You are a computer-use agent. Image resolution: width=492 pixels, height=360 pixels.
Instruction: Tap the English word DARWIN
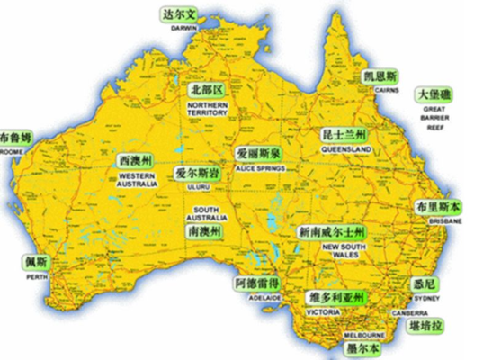[183, 28]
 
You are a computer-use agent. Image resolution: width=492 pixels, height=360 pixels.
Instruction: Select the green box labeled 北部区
[206, 90]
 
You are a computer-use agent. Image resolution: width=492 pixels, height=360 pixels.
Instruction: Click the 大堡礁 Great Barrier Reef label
[435, 94]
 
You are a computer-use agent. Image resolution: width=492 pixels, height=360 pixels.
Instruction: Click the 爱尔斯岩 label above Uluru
[197, 172]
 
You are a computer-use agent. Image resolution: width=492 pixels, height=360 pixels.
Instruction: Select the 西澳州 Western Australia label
[137, 159]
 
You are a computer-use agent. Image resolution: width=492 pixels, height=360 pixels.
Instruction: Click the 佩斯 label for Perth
[36, 265]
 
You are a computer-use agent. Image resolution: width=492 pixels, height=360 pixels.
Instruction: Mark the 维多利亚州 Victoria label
[335, 297]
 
